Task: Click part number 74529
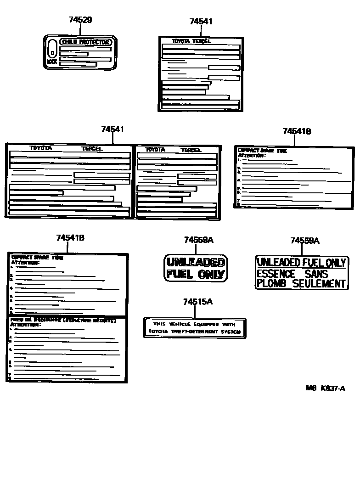(x=80, y=20)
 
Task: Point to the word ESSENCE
(x=276, y=274)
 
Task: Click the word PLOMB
(x=271, y=283)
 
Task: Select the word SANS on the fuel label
(x=316, y=274)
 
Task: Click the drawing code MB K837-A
(x=326, y=388)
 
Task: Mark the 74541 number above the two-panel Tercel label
(x=112, y=130)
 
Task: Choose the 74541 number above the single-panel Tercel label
(x=201, y=22)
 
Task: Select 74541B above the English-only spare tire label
(x=297, y=131)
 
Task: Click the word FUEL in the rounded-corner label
(x=180, y=274)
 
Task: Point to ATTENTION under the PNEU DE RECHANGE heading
(x=25, y=325)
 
